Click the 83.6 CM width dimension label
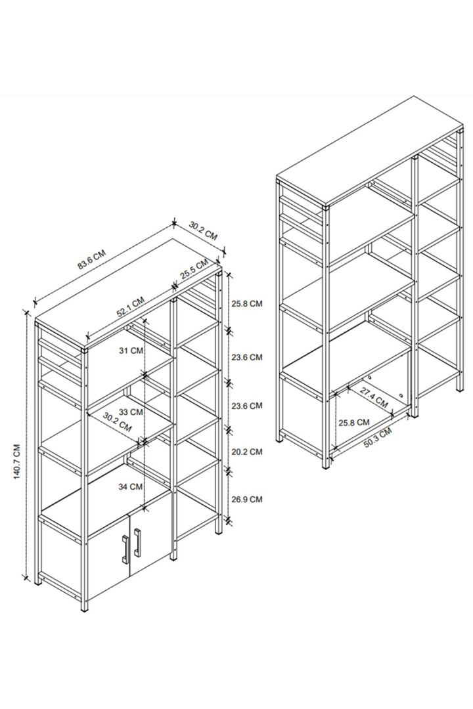(92, 259)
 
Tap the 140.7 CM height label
(17, 462)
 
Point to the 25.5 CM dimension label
(194, 269)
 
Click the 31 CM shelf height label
(131, 351)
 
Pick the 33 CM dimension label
(131, 412)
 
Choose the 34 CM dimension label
(131, 486)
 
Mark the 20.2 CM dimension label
(247, 452)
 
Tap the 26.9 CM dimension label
(247, 499)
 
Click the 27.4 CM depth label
(374, 397)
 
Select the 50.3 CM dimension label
(378, 438)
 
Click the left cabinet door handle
(124, 549)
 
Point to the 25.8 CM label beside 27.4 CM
(354, 422)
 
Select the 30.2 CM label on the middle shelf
(117, 421)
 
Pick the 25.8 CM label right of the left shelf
(247, 303)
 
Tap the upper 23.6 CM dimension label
(247, 357)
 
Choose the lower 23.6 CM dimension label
(247, 406)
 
